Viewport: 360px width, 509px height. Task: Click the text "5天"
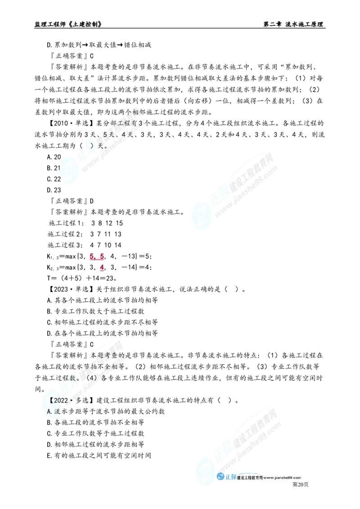pos(108,134)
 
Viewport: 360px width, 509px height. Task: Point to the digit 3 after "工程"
pos(141,123)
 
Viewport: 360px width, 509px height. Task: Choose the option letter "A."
pos(50,411)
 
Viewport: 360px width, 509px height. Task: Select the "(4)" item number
pos(90,378)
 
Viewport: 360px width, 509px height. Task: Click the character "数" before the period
pos(76,378)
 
